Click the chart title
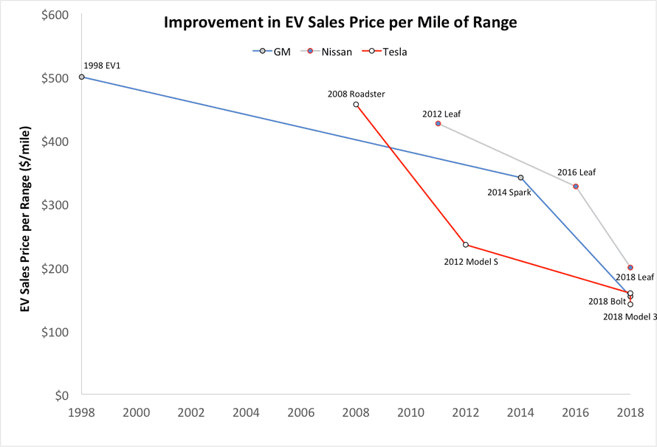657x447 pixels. (x=340, y=22)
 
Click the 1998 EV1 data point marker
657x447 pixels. (x=82, y=77)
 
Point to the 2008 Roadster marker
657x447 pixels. (x=357, y=105)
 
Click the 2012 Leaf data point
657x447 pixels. (x=438, y=123)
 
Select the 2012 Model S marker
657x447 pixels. (x=466, y=245)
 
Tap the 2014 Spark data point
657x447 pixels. (x=520, y=178)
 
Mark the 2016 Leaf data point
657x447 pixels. (x=576, y=187)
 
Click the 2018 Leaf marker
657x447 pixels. (x=630, y=268)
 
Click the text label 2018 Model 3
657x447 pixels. (x=629, y=316)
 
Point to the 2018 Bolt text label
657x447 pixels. (x=607, y=301)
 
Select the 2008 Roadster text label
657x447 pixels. (x=357, y=94)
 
